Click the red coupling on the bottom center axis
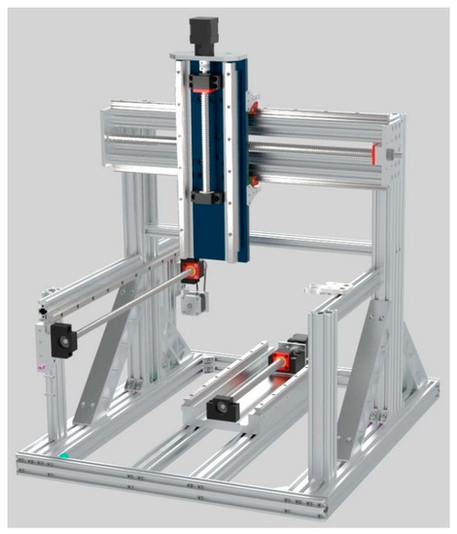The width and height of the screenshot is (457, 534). [x=283, y=362]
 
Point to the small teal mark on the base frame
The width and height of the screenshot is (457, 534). [x=65, y=454]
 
